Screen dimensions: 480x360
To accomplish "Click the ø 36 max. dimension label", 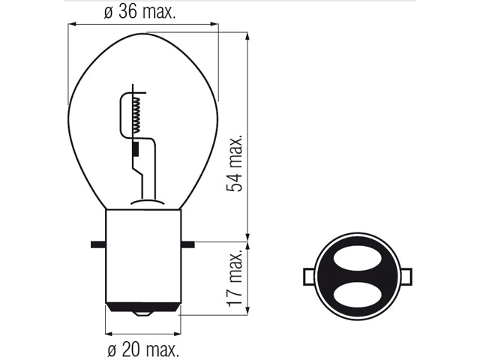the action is click(140, 12).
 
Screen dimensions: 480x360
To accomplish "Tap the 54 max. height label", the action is click(235, 163).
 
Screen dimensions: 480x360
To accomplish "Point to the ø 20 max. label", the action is click(143, 349).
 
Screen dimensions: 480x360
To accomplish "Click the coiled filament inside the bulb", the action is click(137, 115).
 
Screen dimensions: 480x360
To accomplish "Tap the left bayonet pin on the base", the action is click(98, 244).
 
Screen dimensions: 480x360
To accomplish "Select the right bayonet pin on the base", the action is click(187, 244).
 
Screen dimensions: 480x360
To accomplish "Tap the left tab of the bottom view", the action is click(308, 277).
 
